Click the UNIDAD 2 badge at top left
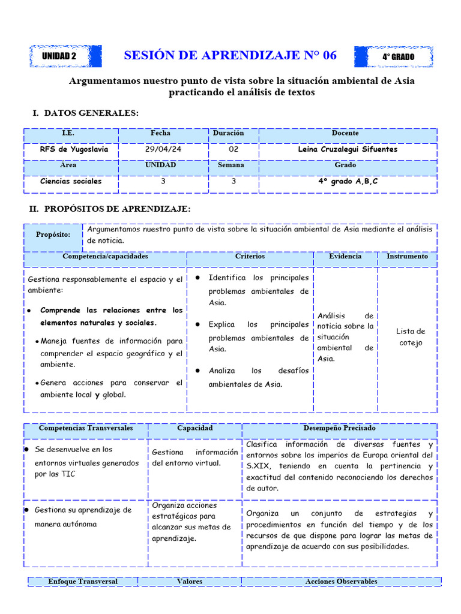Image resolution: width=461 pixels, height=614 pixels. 59,56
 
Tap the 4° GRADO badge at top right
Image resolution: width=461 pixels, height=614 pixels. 398,57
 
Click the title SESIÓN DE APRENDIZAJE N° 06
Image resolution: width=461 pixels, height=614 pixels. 230,56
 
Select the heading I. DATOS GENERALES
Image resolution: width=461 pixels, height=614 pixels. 85,113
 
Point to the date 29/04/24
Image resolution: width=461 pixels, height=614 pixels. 161,149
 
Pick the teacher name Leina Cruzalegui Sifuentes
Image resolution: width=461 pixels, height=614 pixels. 348,149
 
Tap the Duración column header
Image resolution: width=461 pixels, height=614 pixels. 228,133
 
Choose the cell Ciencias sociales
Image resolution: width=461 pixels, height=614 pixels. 71,181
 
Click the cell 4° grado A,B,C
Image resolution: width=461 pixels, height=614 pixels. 348,181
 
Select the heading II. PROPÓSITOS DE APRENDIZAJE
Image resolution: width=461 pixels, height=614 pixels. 110,209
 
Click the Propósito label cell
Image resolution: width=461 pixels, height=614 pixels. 53,234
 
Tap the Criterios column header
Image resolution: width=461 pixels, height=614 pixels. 250,256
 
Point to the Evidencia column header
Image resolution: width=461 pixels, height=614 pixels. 345,256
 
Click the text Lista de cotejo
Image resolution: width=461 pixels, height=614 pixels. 411,337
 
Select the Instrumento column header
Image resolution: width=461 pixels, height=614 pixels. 407,256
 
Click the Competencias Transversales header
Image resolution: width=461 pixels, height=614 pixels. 86,428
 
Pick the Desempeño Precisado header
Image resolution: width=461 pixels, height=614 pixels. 340,428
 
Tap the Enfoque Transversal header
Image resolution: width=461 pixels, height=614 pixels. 83,581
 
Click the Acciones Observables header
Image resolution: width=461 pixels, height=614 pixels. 341,581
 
